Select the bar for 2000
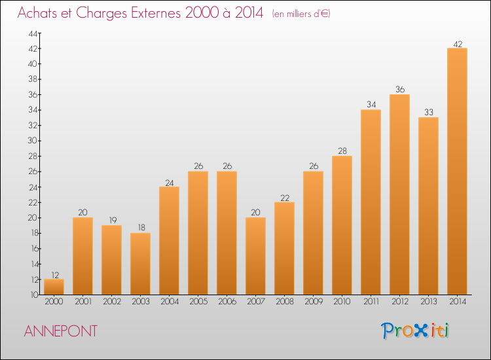click(54, 287)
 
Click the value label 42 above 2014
click(457, 44)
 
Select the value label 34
click(371, 105)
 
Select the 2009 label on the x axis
click(313, 302)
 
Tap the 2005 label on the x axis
click(198, 302)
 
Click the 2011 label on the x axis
click(371, 302)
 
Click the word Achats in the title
click(40, 13)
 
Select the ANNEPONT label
click(60, 331)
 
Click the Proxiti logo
click(415, 331)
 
